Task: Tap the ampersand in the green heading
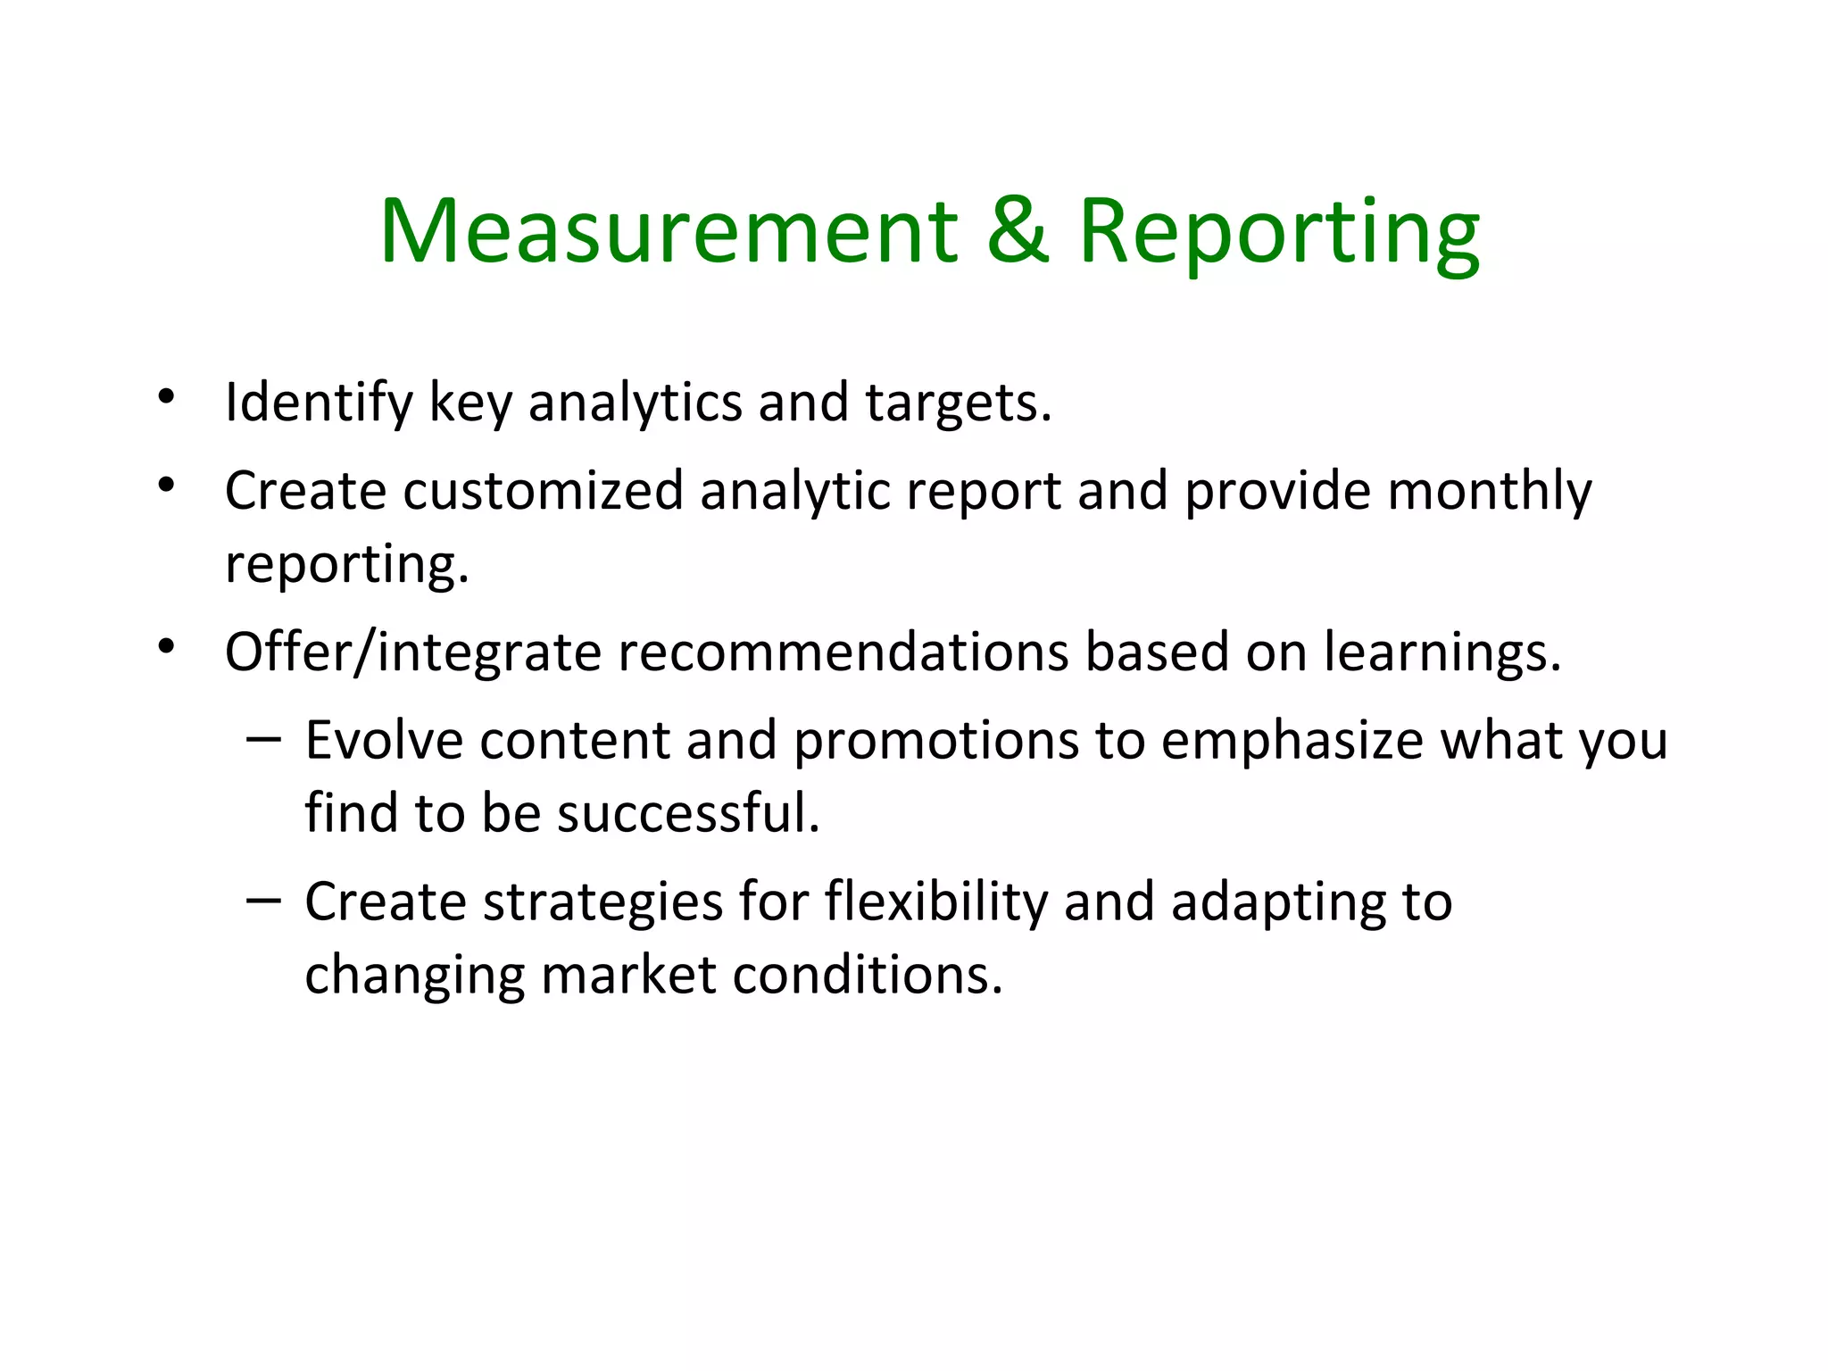pyautogui.click(x=1018, y=231)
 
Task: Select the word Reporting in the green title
pyautogui.click(x=1279, y=234)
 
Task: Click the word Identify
pyautogui.click(x=319, y=403)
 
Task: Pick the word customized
pyautogui.click(x=544, y=491)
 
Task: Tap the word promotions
pyautogui.click(x=936, y=742)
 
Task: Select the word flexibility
pyautogui.click(x=935, y=902)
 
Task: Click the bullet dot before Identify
pyautogui.click(x=166, y=397)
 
